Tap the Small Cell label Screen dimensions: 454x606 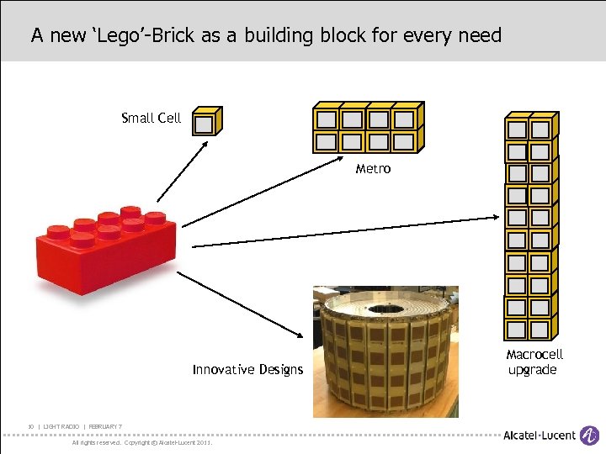151,118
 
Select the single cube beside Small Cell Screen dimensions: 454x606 205,122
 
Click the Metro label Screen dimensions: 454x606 373,169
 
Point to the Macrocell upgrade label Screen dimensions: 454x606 534,362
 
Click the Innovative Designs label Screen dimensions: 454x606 247,370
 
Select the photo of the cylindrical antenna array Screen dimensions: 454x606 385,351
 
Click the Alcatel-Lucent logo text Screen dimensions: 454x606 540,435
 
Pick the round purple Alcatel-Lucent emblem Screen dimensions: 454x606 591,435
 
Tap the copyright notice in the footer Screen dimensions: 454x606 142,442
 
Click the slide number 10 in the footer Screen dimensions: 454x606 30,427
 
